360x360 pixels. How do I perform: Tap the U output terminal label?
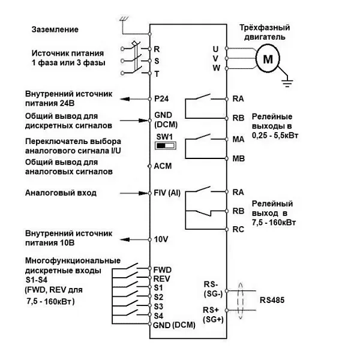(216, 48)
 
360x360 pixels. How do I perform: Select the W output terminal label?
(216, 67)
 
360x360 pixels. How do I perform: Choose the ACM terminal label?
(163, 166)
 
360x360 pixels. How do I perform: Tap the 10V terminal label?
(161, 238)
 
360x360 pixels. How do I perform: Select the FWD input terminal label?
(163, 269)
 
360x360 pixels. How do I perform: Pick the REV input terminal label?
(162, 279)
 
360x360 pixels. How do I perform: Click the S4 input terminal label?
(158, 315)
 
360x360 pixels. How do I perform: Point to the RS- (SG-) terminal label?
(212, 289)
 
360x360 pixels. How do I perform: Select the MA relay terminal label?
(238, 139)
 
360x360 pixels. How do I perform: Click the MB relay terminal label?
(238, 159)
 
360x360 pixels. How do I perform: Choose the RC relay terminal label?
(238, 229)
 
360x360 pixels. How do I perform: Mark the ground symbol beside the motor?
(286, 76)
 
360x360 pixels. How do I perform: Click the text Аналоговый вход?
(60, 193)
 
